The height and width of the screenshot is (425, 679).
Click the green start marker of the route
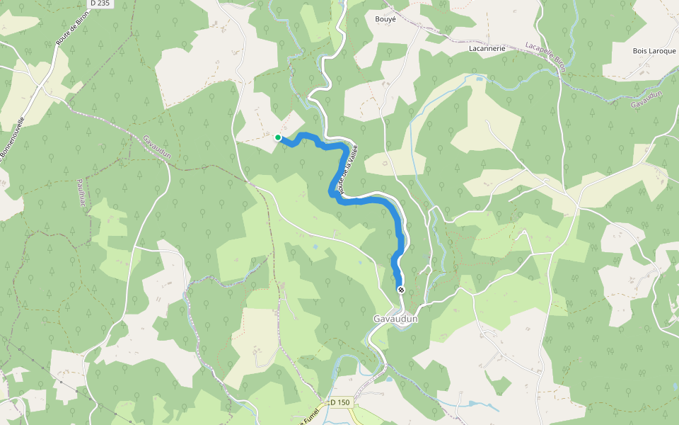pyautogui.click(x=278, y=137)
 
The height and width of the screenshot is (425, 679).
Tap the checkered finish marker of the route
pyautogui.click(x=401, y=290)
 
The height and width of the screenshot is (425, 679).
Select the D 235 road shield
pyautogui.click(x=100, y=4)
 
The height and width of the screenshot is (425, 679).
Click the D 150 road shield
pyautogui.click(x=340, y=402)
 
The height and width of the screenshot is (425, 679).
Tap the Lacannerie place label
pyautogui.click(x=487, y=49)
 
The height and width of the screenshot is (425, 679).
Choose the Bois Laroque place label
pyautogui.click(x=654, y=51)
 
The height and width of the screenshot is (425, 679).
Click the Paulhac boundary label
pyautogui.click(x=83, y=193)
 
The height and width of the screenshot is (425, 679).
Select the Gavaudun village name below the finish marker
pyautogui.click(x=396, y=319)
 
